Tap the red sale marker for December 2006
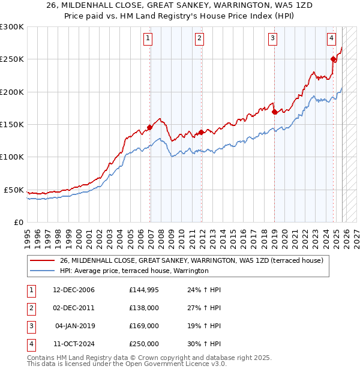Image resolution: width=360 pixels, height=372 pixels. click(x=149, y=127)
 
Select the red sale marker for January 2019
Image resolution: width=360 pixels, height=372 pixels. click(x=274, y=112)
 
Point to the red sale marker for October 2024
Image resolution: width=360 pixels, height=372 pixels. click(x=333, y=59)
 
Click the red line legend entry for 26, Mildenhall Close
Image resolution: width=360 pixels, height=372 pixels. click(x=191, y=260)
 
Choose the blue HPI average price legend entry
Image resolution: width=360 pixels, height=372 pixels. click(x=134, y=271)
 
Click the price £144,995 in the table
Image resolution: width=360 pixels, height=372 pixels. click(x=143, y=290)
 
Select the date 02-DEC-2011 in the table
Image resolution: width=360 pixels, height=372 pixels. click(x=73, y=308)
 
